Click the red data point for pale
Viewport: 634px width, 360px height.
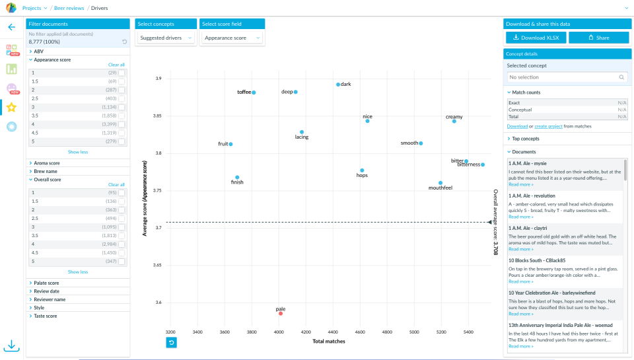pos(281,313)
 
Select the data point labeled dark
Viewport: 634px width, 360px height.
pos(338,85)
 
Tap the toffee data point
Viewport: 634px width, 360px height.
pos(254,92)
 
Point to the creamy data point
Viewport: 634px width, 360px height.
pos(454,121)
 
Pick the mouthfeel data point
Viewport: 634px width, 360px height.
pos(440,183)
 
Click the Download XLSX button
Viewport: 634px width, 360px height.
pos(536,38)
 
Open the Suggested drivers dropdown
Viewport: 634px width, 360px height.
pos(166,38)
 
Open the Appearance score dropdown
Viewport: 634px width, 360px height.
pos(230,38)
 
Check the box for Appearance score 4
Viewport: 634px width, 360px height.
pos(122,124)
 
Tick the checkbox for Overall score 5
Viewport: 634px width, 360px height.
pos(122,262)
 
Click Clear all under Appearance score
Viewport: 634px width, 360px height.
pos(116,65)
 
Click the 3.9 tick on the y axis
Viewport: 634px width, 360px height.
pos(158,79)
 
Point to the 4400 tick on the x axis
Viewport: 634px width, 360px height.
pos(333,332)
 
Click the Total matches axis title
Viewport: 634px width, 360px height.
pos(329,342)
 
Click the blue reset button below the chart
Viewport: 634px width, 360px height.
pos(171,342)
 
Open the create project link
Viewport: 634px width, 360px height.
pos(550,126)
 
